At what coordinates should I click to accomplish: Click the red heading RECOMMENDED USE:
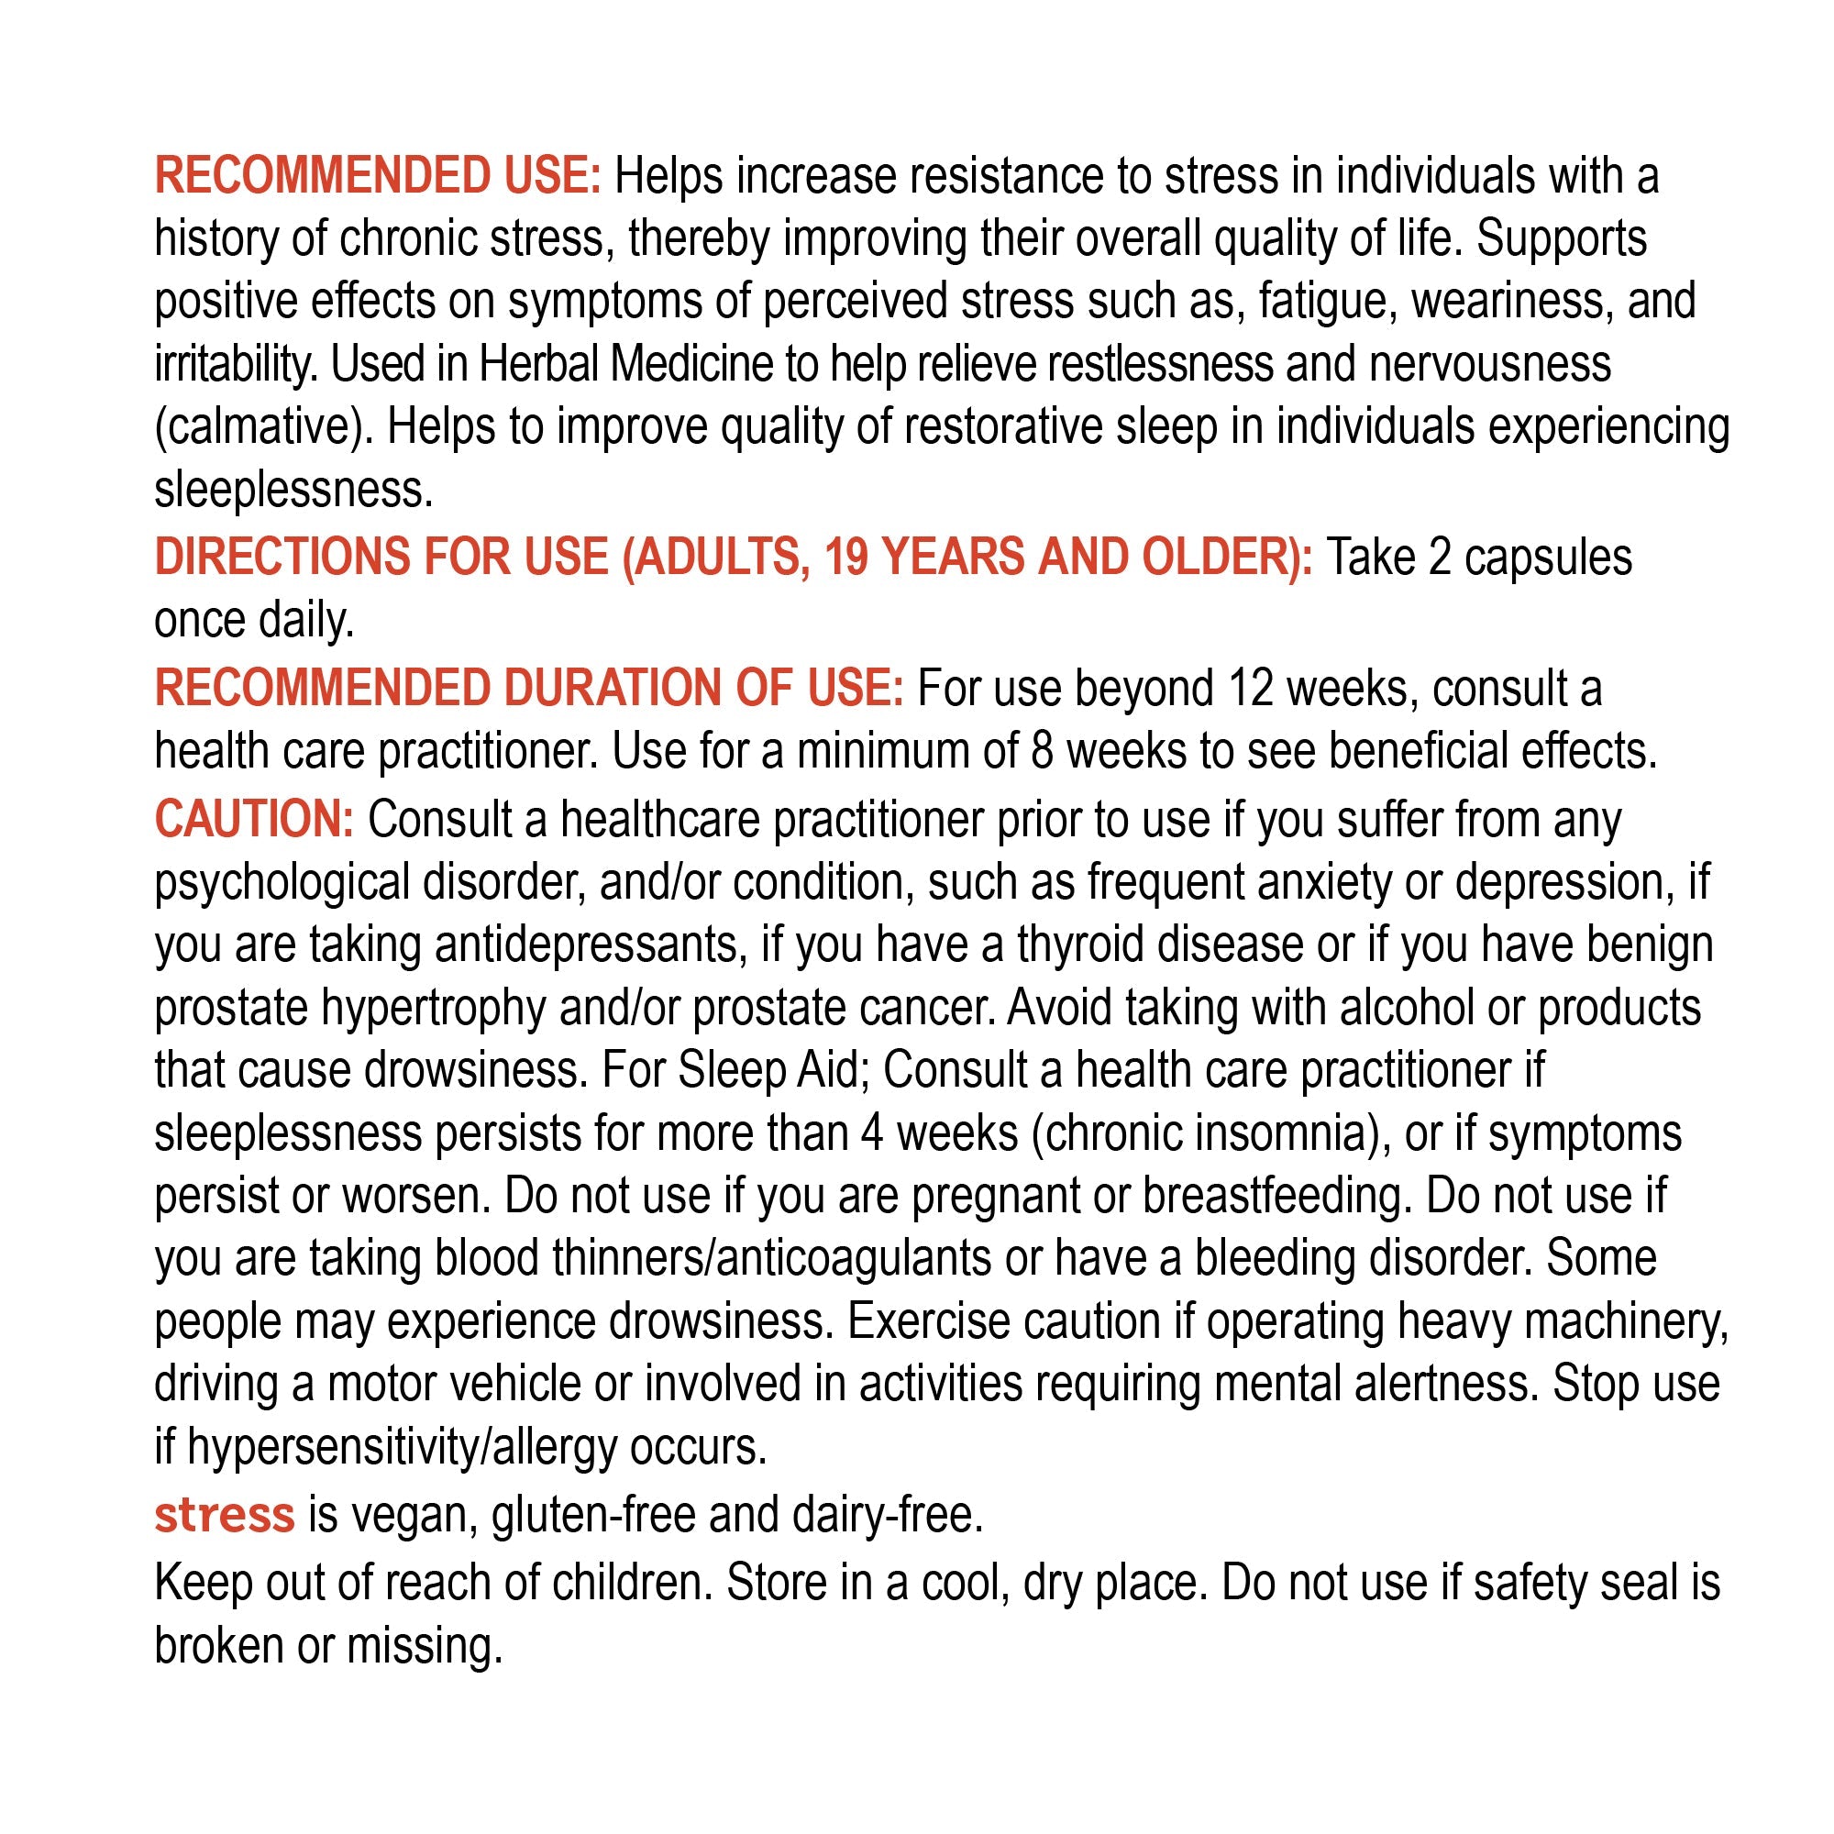click(378, 177)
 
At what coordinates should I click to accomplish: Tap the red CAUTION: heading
click(253, 819)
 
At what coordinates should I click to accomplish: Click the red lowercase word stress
click(224, 1514)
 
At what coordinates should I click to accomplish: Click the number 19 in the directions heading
click(845, 557)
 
